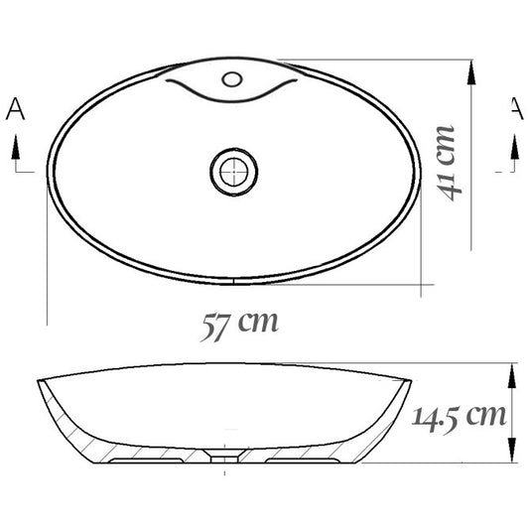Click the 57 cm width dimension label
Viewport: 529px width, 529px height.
(239, 326)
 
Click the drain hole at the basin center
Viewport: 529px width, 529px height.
(234, 172)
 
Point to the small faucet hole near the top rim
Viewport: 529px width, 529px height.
(232, 79)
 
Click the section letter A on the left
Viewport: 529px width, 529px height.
(15, 108)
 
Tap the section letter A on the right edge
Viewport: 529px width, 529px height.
(517, 108)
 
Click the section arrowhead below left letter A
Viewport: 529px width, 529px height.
(16, 147)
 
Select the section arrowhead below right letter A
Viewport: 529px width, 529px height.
(514, 147)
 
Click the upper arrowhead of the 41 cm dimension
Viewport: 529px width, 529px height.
(471, 72)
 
